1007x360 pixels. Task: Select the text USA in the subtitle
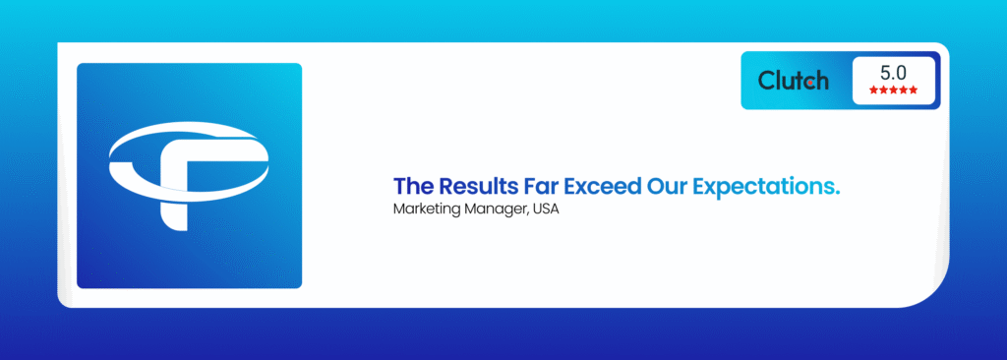click(x=546, y=210)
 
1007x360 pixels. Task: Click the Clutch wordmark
click(x=794, y=81)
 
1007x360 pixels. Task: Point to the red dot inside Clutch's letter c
click(x=813, y=83)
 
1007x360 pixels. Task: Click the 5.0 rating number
click(x=893, y=73)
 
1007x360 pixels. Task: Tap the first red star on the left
click(x=873, y=90)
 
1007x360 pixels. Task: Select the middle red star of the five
click(x=893, y=90)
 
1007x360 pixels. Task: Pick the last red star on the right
click(x=914, y=90)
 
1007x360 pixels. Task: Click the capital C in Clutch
click(x=767, y=81)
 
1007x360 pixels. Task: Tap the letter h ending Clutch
click(x=823, y=80)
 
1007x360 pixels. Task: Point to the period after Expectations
click(x=837, y=193)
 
